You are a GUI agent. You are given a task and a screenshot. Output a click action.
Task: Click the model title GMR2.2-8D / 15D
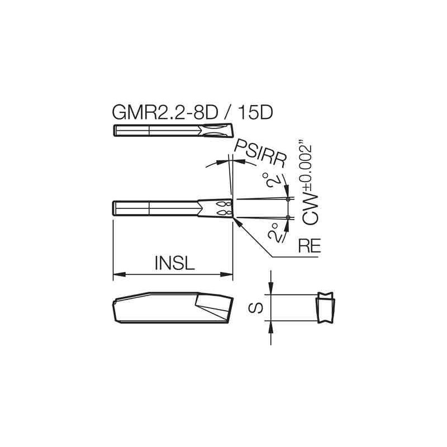(x=192, y=112)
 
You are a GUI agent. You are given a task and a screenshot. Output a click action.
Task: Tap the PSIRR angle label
(x=260, y=153)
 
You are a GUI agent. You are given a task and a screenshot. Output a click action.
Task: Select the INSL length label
(x=174, y=263)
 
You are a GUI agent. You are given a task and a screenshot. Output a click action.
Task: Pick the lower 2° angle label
(x=274, y=233)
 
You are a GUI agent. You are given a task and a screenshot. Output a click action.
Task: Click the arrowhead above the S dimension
(x=271, y=289)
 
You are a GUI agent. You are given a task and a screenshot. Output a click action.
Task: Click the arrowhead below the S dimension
(x=271, y=326)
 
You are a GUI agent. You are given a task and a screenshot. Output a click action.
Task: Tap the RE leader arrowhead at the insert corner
(x=239, y=222)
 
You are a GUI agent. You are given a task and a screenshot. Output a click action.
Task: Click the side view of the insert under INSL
(x=170, y=307)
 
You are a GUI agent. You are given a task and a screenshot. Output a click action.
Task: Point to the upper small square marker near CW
(x=288, y=199)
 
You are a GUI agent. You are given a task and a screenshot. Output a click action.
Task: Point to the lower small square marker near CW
(x=288, y=217)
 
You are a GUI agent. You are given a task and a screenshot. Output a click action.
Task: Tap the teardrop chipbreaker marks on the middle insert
(x=223, y=208)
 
